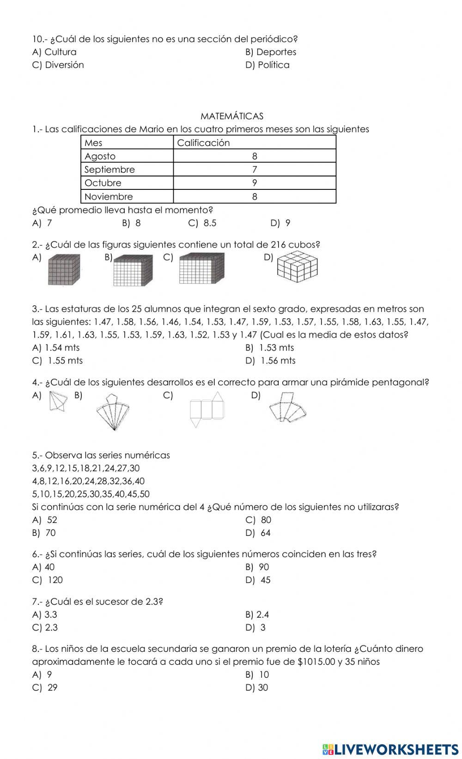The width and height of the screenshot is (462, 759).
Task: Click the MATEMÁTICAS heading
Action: (x=232, y=116)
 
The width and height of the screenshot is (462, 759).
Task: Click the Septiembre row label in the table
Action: (x=109, y=170)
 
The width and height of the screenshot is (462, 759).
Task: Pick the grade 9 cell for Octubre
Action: (x=255, y=183)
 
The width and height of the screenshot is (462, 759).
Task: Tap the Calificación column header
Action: (x=203, y=143)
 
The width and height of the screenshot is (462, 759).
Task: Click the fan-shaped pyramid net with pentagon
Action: (x=113, y=412)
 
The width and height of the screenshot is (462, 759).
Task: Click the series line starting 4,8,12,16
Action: (x=88, y=481)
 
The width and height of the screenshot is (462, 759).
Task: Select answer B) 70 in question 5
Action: (x=44, y=533)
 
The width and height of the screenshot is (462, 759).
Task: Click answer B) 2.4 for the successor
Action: (x=257, y=614)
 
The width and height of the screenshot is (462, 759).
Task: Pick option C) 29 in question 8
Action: (x=45, y=687)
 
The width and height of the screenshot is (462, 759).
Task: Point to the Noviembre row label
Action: (x=109, y=196)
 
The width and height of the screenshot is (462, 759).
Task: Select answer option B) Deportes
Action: (x=271, y=52)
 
